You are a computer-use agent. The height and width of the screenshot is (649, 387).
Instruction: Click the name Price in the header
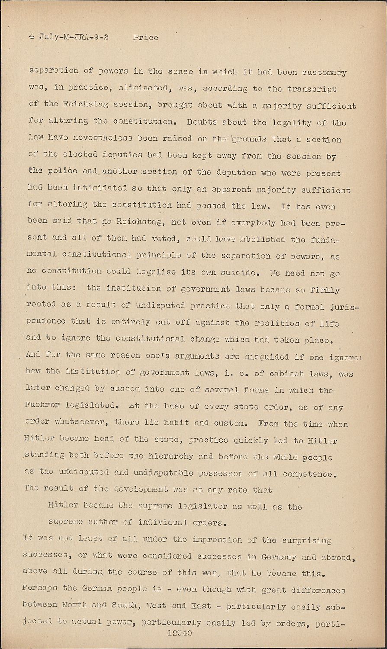145,38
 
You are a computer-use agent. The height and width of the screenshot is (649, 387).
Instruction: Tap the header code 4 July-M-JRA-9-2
69,37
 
